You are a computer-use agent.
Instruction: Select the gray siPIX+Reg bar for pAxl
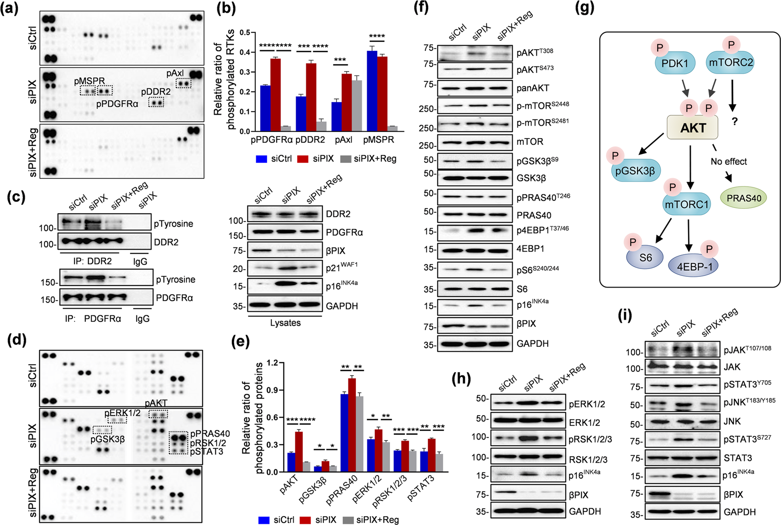(357, 105)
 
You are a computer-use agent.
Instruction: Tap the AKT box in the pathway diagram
(693, 128)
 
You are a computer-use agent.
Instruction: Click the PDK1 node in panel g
(675, 63)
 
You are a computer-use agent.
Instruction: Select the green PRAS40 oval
(744, 198)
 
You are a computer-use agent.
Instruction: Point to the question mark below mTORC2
(734, 121)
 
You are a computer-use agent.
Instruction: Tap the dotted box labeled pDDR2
(156, 103)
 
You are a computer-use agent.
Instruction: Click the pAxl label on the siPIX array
(175, 73)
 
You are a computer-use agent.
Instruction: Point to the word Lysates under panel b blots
(285, 323)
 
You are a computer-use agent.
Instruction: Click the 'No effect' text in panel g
(729, 161)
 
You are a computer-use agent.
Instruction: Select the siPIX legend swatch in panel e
(305, 520)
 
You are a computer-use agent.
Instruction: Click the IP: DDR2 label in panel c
(92, 261)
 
